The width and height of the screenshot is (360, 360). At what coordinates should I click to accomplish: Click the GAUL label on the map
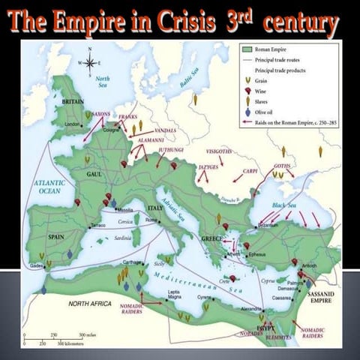click(94, 173)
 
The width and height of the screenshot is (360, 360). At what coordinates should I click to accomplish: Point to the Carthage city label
click(132, 263)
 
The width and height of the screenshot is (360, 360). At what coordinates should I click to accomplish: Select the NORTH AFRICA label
click(90, 304)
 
